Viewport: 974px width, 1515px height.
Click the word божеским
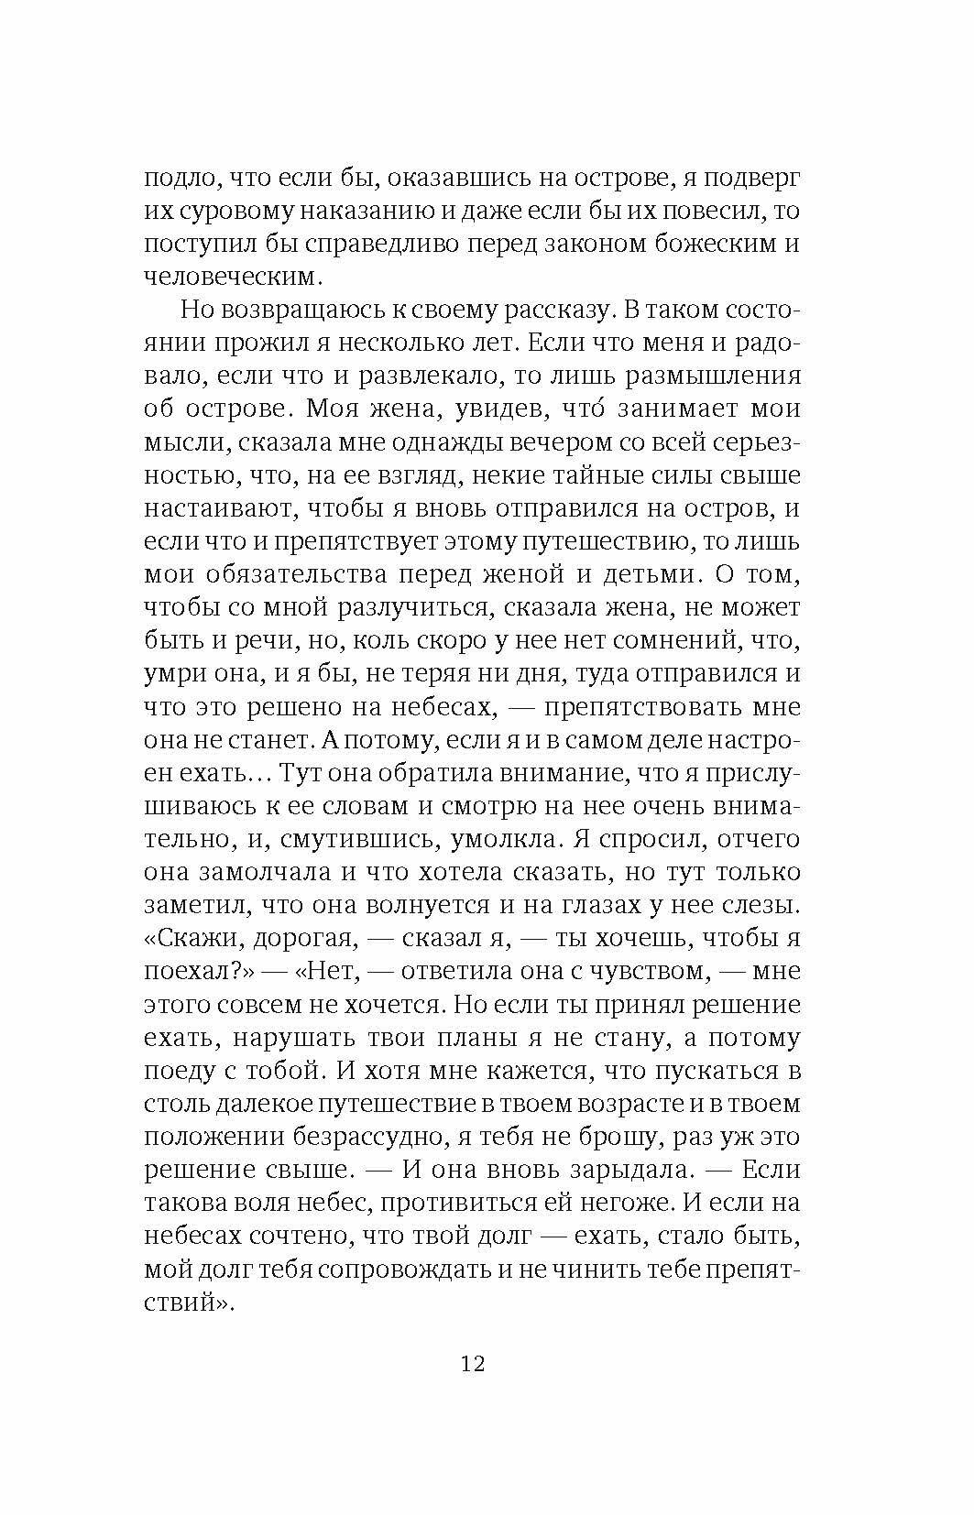(x=691, y=245)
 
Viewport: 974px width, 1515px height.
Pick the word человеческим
(x=233, y=278)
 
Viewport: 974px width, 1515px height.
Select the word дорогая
(x=302, y=938)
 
